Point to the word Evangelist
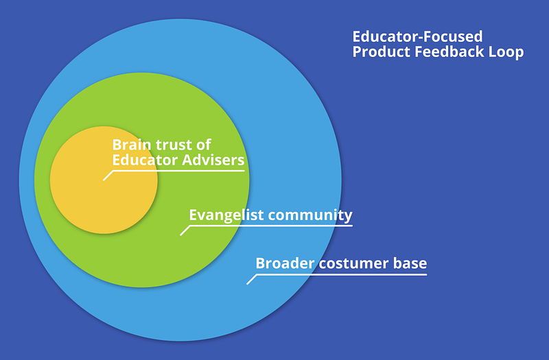coord(226,215)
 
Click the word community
coord(310,215)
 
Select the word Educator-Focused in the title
coord(418,36)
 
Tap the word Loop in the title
coord(507,52)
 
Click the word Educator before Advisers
coord(144,160)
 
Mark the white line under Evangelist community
coord(274,226)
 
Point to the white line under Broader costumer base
coord(343,274)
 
